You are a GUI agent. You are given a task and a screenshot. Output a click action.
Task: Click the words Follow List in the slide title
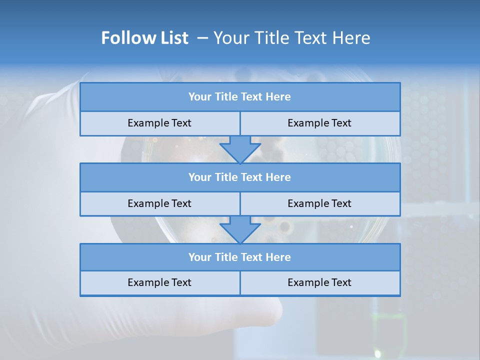pos(144,38)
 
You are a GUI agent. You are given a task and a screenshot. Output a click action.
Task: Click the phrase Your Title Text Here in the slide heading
pos(291,38)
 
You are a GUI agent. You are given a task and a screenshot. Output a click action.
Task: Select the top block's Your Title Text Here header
pos(239,97)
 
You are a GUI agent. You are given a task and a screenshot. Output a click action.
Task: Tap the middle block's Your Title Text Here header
pos(239,177)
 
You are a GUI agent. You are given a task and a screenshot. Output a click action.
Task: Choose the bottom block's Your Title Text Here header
pos(239,257)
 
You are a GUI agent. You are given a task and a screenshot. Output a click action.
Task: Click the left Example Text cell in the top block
pos(159,123)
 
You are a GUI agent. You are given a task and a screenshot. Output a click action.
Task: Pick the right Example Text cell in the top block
pos(319,123)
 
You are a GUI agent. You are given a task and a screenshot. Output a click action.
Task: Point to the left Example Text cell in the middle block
pos(159,203)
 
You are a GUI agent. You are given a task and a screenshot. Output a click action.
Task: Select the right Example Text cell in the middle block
pos(319,203)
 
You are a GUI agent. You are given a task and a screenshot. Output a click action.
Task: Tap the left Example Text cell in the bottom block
pos(159,282)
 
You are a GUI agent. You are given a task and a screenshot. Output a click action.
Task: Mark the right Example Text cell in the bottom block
pos(319,282)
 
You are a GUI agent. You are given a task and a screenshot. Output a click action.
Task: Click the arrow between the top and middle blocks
pos(240,148)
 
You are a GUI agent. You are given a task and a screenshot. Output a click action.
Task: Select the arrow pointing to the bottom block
pos(240,229)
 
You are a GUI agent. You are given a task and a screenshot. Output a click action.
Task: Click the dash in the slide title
pos(202,38)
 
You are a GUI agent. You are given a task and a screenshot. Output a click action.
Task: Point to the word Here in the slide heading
pos(350,38)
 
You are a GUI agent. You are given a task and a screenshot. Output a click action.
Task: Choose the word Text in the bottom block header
pos(252,257)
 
